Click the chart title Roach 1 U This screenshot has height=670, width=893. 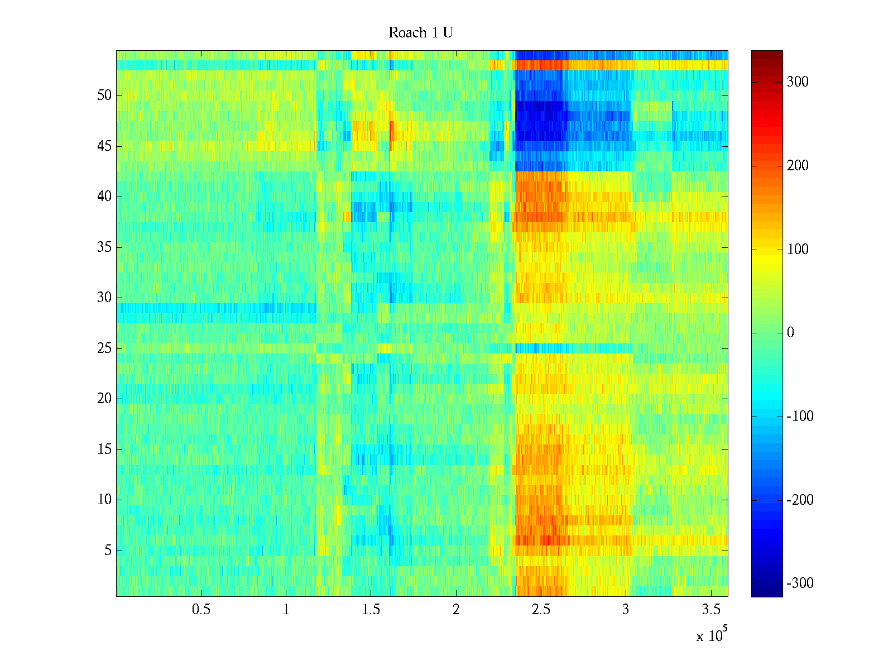pyautogui.click(x=420, y=33)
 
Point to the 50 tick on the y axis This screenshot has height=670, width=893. pyautogui.click(x=104, y=95)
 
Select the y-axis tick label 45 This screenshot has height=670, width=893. pyautogui.click(x=104, y=146)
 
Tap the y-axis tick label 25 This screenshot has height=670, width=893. pyautogui.click(x=104, y=348)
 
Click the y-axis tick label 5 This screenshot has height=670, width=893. pyautogui.click(x=108, y=551)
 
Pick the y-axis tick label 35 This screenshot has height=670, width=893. pyautogui.click(x=104, y=247)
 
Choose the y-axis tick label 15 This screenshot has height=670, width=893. pyautogui.click(x=104, y=449)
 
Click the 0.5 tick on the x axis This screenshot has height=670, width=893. pyautogui.click(x=201, y=610)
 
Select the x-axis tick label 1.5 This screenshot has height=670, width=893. pyautogui.click(x=371, y=610)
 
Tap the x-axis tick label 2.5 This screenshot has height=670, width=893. pyautogui.click(x=541, y=610)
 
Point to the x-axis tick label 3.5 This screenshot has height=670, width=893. pyautogui.click(x=711, y=610)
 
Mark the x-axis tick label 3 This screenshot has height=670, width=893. pyautogui.click(x=626, y=610)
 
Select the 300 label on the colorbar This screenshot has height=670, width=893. pyautogui.click(x=798, y=82)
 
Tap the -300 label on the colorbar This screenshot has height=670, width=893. pyautogui.click(x=800, y=583)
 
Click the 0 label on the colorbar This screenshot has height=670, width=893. pyautogui.click(x=790, y=333)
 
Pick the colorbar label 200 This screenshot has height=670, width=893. pyautogui.click(x=798, y=166)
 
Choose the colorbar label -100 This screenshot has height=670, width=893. pyautogui.click(x=800, y=417)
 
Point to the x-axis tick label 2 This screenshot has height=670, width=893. pyautogui.click(x=456, y=610)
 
